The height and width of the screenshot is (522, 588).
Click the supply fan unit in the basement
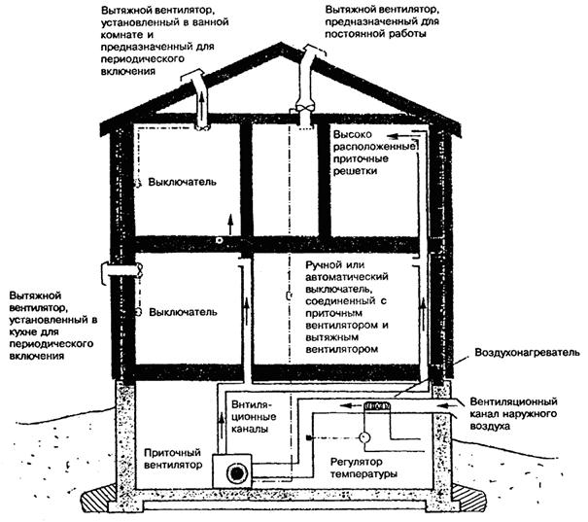click(237, 472)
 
